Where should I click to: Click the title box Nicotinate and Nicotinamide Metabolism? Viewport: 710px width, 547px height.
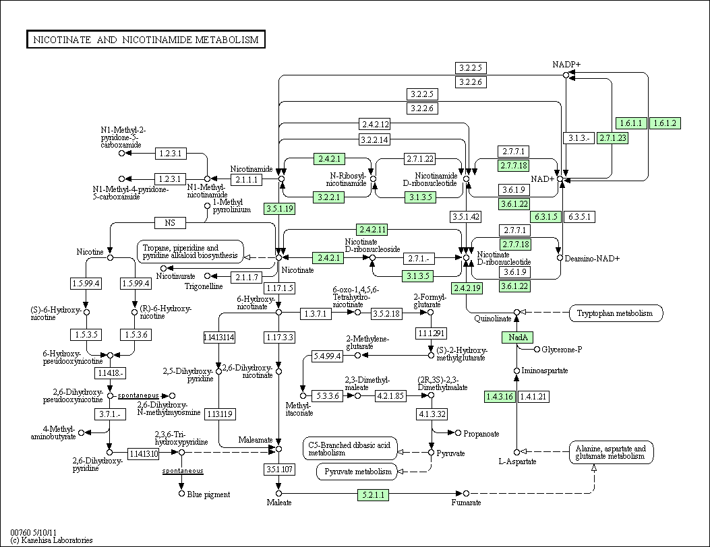(x=146, y=39)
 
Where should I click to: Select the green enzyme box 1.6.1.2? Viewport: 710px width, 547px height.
(x=665, y=123)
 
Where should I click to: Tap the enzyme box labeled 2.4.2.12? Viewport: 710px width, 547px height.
(x=375, y=124)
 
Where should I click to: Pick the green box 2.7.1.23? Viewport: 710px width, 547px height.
(x=613, y=138)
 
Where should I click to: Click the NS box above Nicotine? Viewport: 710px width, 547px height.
(x=170, y=222)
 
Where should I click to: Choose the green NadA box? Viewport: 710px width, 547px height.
(x=518, y=337)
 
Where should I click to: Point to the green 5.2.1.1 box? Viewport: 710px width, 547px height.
(x=373, y=495)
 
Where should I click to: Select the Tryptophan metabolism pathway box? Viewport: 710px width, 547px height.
(x=616, y=313)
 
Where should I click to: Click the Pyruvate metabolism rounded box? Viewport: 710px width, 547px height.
(x=358, y=472)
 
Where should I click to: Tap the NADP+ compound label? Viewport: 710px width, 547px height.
(x=566, y=64)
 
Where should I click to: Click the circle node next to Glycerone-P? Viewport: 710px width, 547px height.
(x=537, y=349)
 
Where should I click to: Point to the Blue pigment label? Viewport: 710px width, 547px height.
(x=208, y=494)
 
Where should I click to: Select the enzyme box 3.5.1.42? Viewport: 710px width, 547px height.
(x=465, y=217)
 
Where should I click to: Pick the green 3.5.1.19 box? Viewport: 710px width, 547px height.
(x=279, y=209)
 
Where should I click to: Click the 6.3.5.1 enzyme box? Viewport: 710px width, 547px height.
(x=579, y=217)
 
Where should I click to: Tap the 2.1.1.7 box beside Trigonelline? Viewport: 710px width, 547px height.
(x=247, y=277)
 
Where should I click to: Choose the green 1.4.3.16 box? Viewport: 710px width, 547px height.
(x=500, y=397)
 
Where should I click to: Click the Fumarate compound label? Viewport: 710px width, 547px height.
(x=466, y=503)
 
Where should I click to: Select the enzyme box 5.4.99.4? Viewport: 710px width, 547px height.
(x=328, y=356)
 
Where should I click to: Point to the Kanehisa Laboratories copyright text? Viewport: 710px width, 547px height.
(x=51, y=540)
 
